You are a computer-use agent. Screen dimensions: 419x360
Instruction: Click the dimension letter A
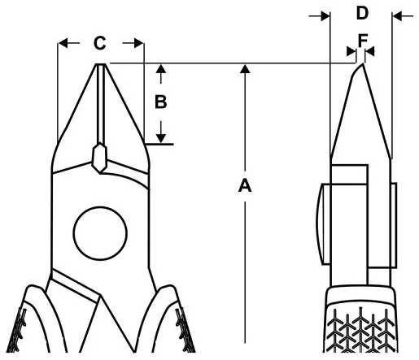pyautogui.click(x=245, y=185)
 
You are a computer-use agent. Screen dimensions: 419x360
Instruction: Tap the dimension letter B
pyautogui.click(x=160, y=102)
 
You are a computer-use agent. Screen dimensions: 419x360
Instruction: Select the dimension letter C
pyautogui.click(x=100, y=43)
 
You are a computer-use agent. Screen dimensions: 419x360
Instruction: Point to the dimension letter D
pyautogui.click(x=362, y=13)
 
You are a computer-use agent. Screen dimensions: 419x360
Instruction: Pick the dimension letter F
pyautogui.click(x=363, y=41)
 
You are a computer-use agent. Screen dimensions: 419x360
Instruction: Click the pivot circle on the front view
pyautogui.click(x=100, y=233)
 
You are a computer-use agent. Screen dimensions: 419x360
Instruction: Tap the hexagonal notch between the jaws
pyautogui.click(x=100, y=158)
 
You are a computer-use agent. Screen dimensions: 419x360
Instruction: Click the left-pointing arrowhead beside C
pyautogui.click(x=63, y=43)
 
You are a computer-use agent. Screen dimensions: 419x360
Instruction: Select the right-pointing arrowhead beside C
pyautogui.click(x=138, y=43)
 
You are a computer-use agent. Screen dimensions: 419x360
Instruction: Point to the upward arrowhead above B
pyautogui.click(x=161, y=68)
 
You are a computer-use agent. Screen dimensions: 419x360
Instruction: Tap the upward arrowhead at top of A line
pyautogui.click(x=245, y=68)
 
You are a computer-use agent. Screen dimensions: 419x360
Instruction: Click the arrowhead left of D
pyautogui.click(x=325, y=16)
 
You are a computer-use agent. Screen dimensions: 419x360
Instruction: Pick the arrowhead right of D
pyautogui.click(x=397, y=16)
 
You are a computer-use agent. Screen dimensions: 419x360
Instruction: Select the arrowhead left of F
pyautogui.click(x=351, y=51)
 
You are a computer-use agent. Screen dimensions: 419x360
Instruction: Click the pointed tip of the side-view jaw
pyautogui.click(x=362, y=64)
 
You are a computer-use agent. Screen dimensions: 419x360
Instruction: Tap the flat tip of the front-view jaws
pyautogui.click(x=101, y=64)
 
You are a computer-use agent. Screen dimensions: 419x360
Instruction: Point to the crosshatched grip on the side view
pyautogui.click(x=361, y=330)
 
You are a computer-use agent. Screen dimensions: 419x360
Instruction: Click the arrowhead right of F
pyautogui.click(x=370, y=51)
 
